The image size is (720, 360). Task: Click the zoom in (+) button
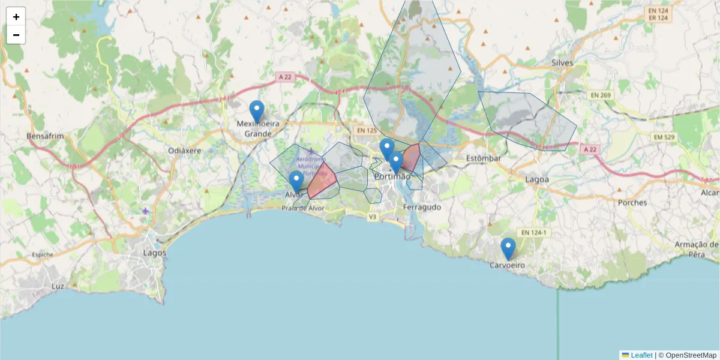click(16, 17)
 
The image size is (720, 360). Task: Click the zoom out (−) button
click(16, 35)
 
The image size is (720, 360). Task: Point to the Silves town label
click(562, 63)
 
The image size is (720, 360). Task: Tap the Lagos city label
click(154, 253)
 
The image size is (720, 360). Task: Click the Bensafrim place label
click(45, 136)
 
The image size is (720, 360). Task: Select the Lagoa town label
click(537, 179)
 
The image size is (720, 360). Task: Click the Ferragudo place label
click(422, 207)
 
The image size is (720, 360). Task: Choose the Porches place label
click(632, 202)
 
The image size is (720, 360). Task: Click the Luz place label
click(58, 286)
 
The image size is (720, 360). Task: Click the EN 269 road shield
click(600, 95)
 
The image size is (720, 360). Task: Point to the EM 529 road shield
click(664, 137)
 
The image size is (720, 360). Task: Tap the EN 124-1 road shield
click(533, 232)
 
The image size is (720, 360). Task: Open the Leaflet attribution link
click(641, 355)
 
